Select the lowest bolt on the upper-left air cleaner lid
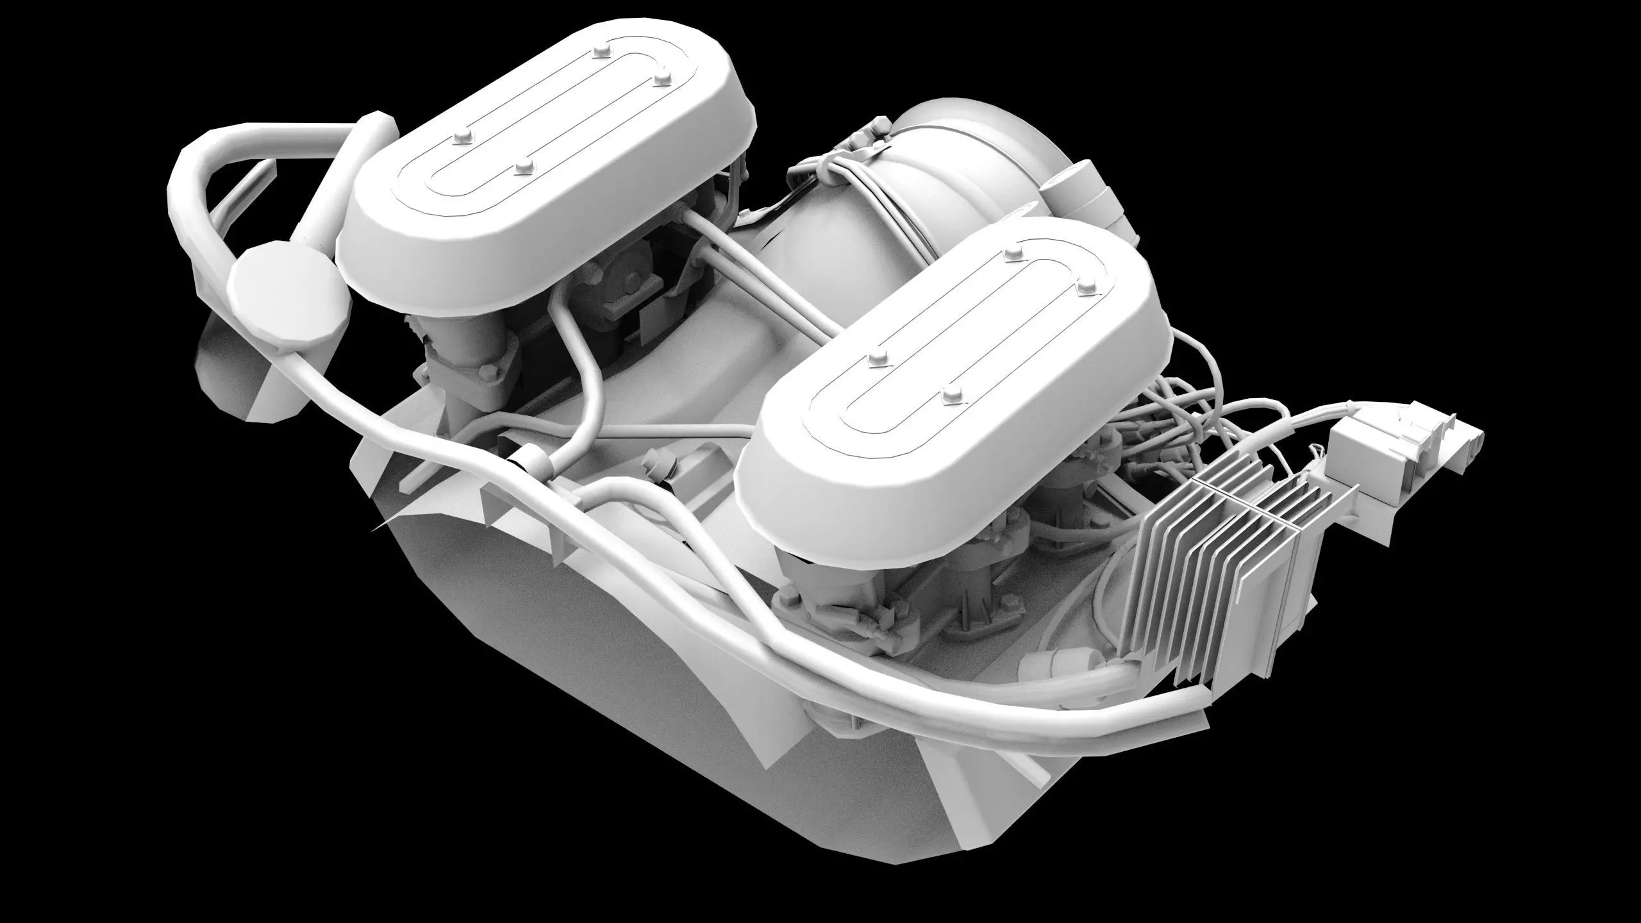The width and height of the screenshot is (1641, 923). [x=524, y=168]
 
